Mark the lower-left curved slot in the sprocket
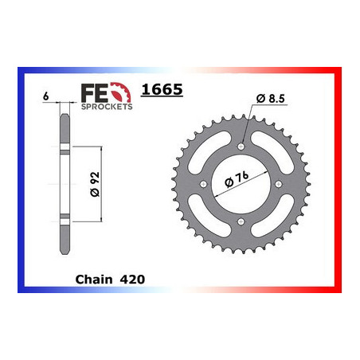coord(210,217)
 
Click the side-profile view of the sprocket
coord(61,183)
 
